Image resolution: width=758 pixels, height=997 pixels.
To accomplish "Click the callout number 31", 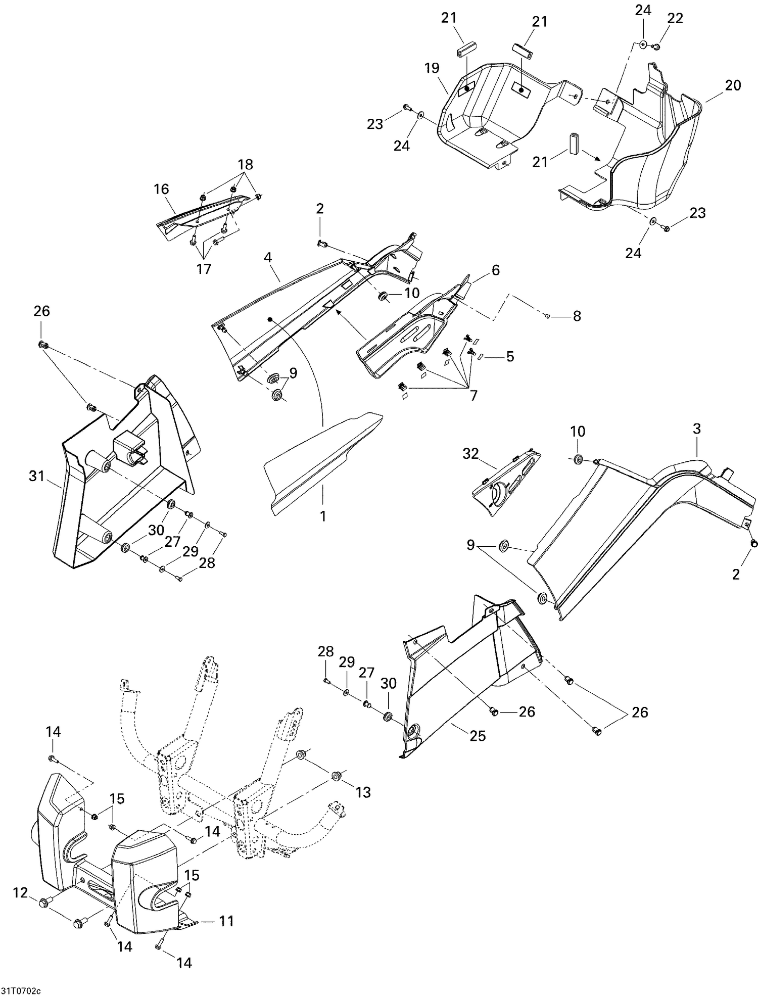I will click(x=36, y=476).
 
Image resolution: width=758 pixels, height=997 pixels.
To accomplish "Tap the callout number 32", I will click(x=470, y=454).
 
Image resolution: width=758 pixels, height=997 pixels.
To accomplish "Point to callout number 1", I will click(x=323, y=516).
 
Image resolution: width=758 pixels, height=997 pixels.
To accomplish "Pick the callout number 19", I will click(x=432, y=68).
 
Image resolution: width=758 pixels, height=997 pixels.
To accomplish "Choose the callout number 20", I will click(x=733, y=85).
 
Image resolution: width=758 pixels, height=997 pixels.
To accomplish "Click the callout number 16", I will click(x=162, y=189).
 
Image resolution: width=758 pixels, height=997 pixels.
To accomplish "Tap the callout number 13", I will click(x=363, y=792).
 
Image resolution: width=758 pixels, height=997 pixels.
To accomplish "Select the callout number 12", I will click(x=20, y=893).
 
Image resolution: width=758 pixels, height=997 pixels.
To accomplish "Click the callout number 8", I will click(x=577, y=316).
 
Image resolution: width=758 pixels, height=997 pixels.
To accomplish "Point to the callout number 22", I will click(x=675, y=18).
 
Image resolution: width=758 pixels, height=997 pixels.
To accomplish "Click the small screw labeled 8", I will click(x=548, y=316).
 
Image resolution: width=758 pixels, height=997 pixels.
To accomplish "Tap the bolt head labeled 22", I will click(x=657, y=47).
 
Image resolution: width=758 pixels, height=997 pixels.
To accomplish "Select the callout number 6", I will click(x=495, y=270).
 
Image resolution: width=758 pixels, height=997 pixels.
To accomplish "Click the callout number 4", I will click(x=268, y=258).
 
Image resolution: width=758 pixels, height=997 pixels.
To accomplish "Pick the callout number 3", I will click(x=697, y=429).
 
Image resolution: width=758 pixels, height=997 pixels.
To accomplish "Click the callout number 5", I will click(x=510, y=356).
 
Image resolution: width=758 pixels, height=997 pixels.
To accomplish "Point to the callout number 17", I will click(x=204, y=269).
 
